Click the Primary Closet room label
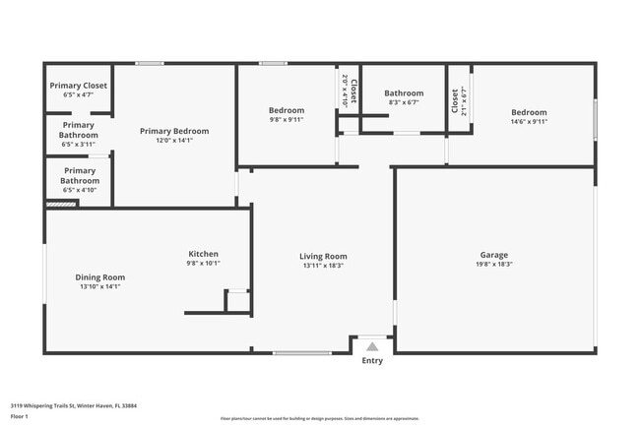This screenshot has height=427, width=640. (x=78, y=86)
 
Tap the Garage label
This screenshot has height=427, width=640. (x=493, y=256)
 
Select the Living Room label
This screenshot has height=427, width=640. (x=323, y=256)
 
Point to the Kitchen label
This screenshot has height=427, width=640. (x=204, y=254)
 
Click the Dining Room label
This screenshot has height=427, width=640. (x=100, y=277)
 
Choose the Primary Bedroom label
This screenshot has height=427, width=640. (x=174, y=131)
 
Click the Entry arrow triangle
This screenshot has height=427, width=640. (x=371, y=346)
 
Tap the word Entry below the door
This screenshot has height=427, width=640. (x=371, y=361)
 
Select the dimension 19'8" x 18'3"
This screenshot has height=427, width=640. (x=493, y=265)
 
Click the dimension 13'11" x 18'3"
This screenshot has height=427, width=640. (x=323, y=265)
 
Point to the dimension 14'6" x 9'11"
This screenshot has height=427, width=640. (x=528, y=122)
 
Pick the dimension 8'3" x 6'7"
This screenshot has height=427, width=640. (x=404, y=102)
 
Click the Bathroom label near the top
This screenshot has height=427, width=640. (x=404, y=93)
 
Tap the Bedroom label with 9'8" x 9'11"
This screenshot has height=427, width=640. (x=287, y=110)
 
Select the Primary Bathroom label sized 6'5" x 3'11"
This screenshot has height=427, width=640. (x=79, y=125)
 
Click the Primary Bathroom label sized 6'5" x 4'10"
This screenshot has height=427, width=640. (x=79, y=170)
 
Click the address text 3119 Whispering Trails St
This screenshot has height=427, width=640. (x=73, y=405)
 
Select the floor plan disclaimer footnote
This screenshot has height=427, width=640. (x=320, y=419)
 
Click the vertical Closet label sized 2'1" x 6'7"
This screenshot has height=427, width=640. (x=455, y=101)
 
